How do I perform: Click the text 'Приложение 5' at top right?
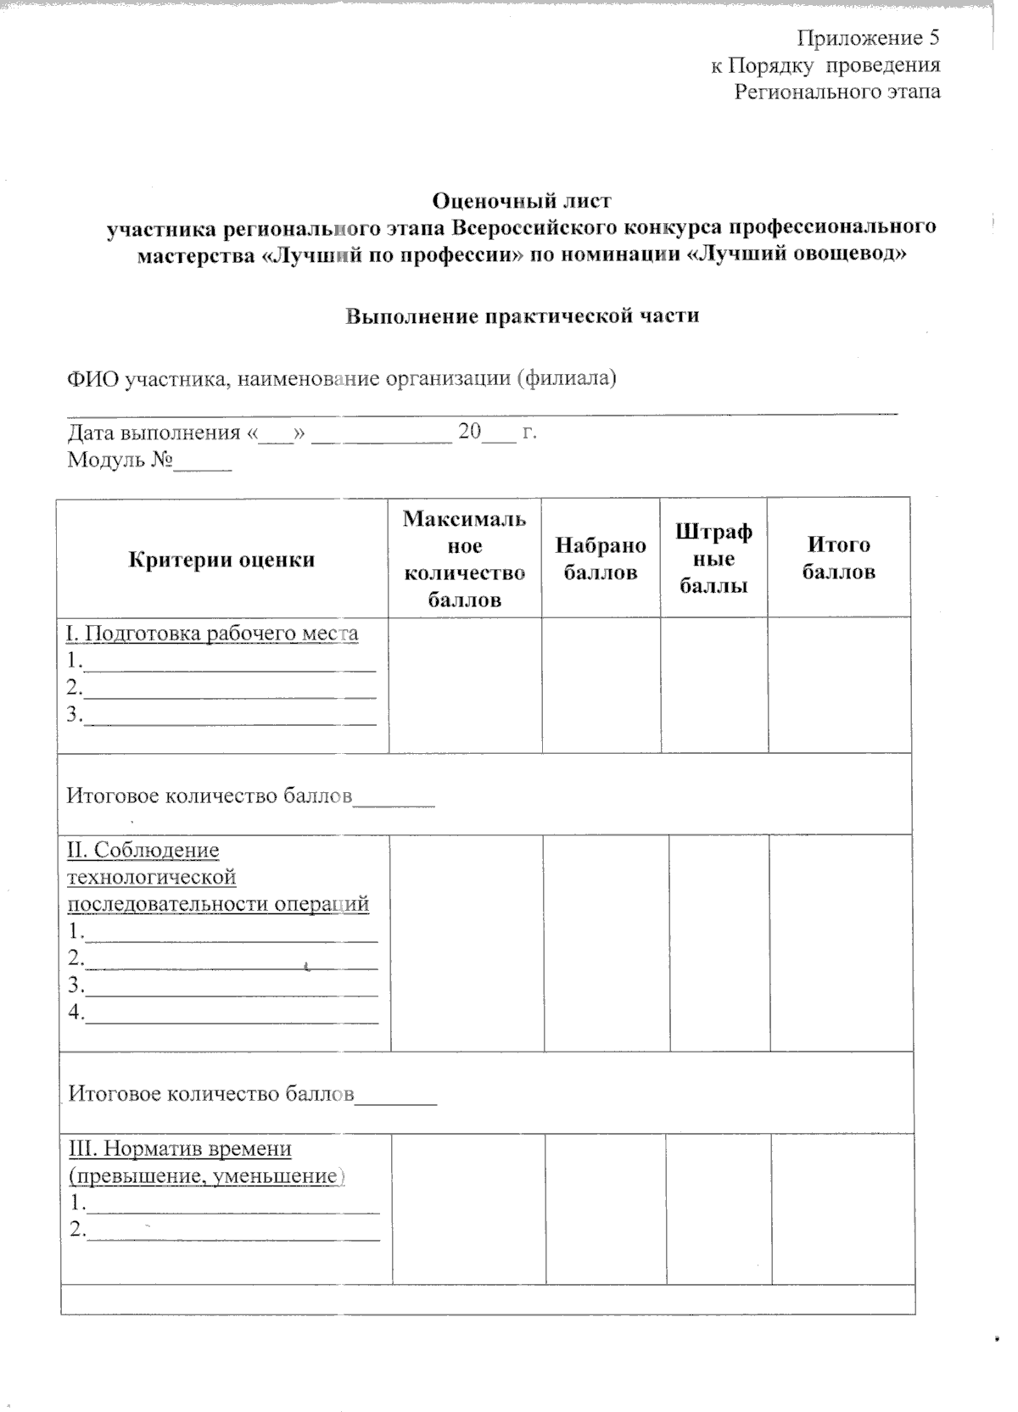[x=868, y=38]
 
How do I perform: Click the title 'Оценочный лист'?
[x=522, y=201]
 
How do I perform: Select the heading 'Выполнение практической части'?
[x=522, y=316]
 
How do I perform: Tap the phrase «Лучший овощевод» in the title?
[x=795, y=254]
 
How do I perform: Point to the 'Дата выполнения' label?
[x=154, y=433]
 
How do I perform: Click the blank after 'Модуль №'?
[x=203, y=464]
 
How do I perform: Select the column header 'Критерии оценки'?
[x=221, y=560]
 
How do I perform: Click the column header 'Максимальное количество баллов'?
[x=464, y=559]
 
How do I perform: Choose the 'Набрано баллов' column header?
[x=601, y=559]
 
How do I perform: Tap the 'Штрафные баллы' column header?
[x=713, y=559]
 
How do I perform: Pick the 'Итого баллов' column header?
[x=838, y=558]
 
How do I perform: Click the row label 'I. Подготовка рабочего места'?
[x=212, y=633]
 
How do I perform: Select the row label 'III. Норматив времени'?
[x=180, y=1148]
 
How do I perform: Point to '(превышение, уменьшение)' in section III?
[x=206, y=1176]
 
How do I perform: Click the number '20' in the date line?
[x=469, y=432]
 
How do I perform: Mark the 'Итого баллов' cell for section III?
[x=842, y=1209]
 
